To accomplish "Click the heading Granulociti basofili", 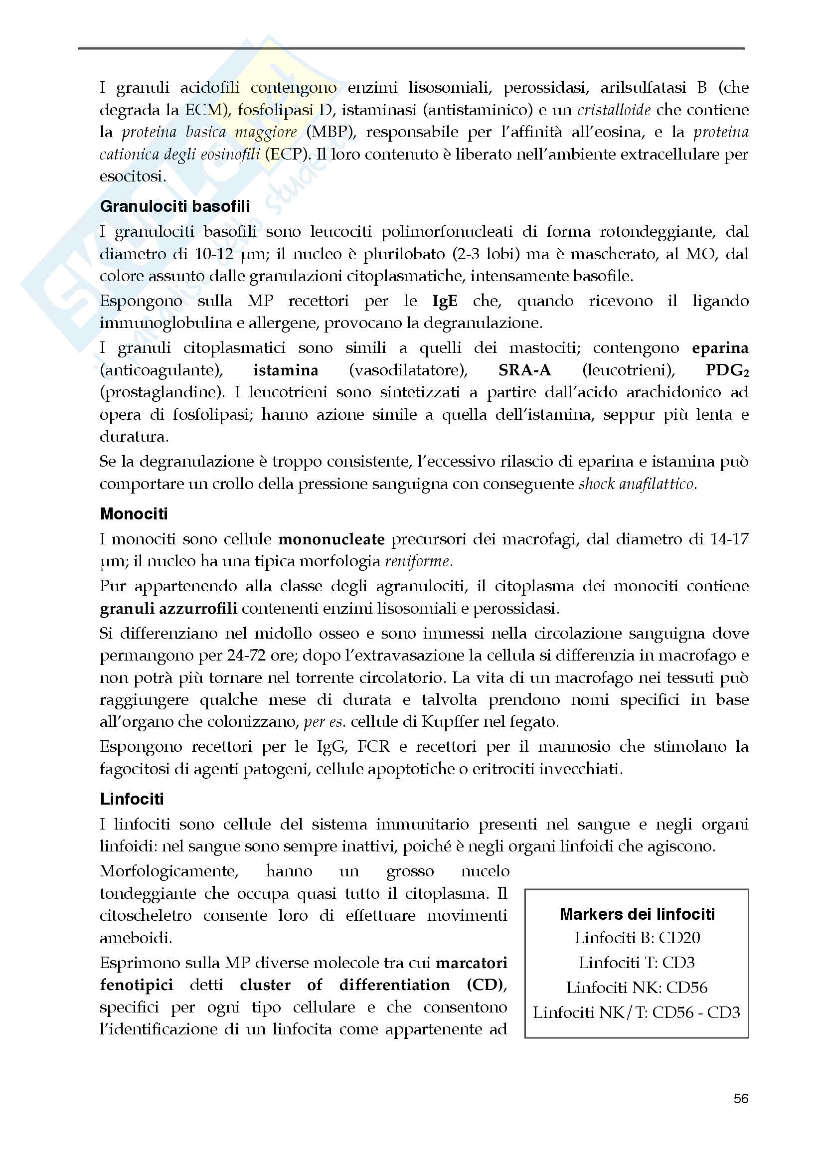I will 174,206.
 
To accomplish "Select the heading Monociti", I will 134,514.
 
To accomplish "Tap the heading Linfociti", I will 132,799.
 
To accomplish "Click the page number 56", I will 741,1099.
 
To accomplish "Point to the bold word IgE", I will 444,301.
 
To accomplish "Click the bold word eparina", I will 720,348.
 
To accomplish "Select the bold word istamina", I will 286,370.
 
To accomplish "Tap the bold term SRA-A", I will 524,370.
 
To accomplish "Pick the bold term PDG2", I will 727,370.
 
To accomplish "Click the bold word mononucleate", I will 331,539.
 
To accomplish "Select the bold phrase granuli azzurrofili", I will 168,608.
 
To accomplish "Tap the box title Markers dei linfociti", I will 637,914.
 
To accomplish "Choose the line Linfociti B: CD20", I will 637,938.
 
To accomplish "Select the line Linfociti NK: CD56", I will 637,987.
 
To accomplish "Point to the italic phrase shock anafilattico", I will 637,484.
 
